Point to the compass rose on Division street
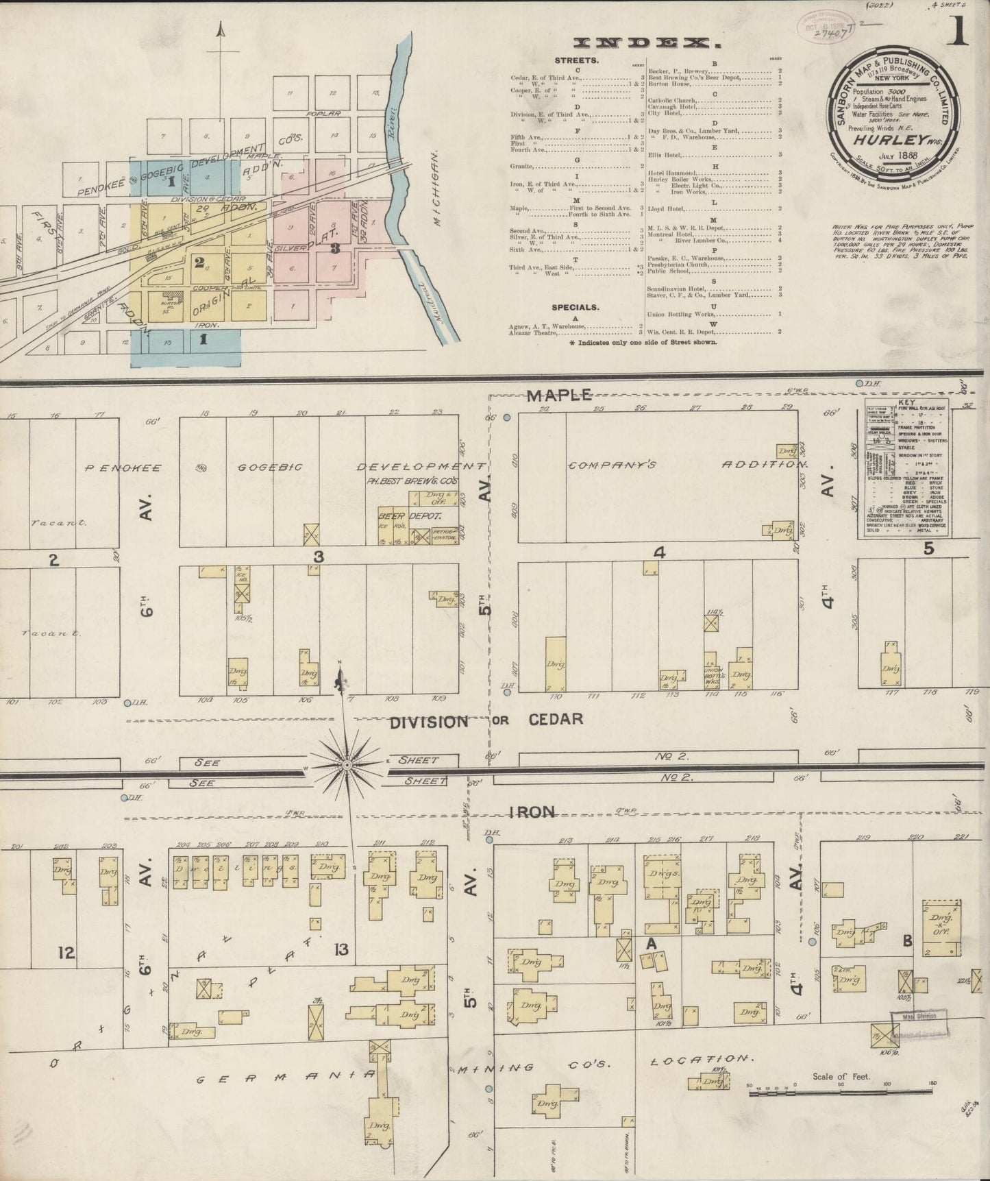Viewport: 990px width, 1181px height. [347, 764]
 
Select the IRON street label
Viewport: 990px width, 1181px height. [532, 812]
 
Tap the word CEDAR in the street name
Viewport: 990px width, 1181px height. [556, 719]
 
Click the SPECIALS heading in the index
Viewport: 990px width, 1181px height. [575, 308]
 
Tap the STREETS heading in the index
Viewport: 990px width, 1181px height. [576, 60]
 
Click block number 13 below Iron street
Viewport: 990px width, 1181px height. [341, 949]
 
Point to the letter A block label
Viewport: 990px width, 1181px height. [651, 944]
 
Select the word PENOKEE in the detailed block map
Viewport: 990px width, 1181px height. [123, 468]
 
